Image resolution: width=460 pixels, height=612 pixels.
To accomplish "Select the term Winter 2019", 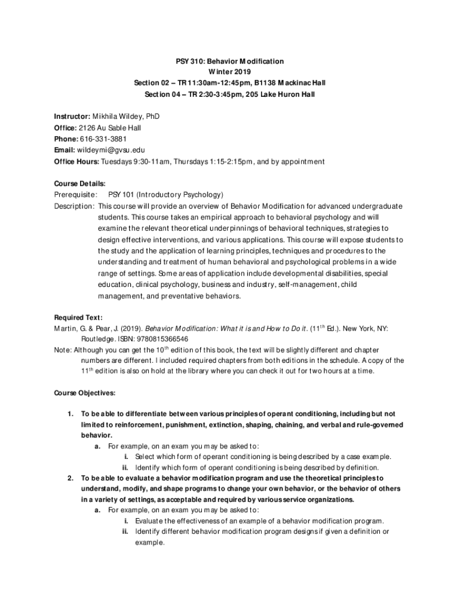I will (229, 72).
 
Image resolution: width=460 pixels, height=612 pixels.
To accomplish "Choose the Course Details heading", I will (79, 184).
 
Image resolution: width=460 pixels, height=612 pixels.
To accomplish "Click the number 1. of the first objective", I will (70, 414).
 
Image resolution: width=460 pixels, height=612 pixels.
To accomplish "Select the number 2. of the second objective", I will (70, 478).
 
